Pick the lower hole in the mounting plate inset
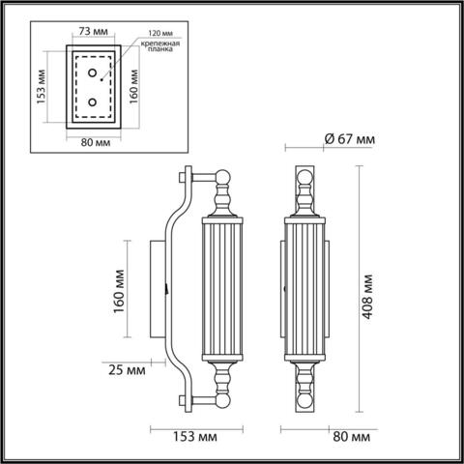pos(93,102)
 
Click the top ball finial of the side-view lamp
pos(223,178)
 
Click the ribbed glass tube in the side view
pos(223,288)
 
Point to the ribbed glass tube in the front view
pos(305,288)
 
